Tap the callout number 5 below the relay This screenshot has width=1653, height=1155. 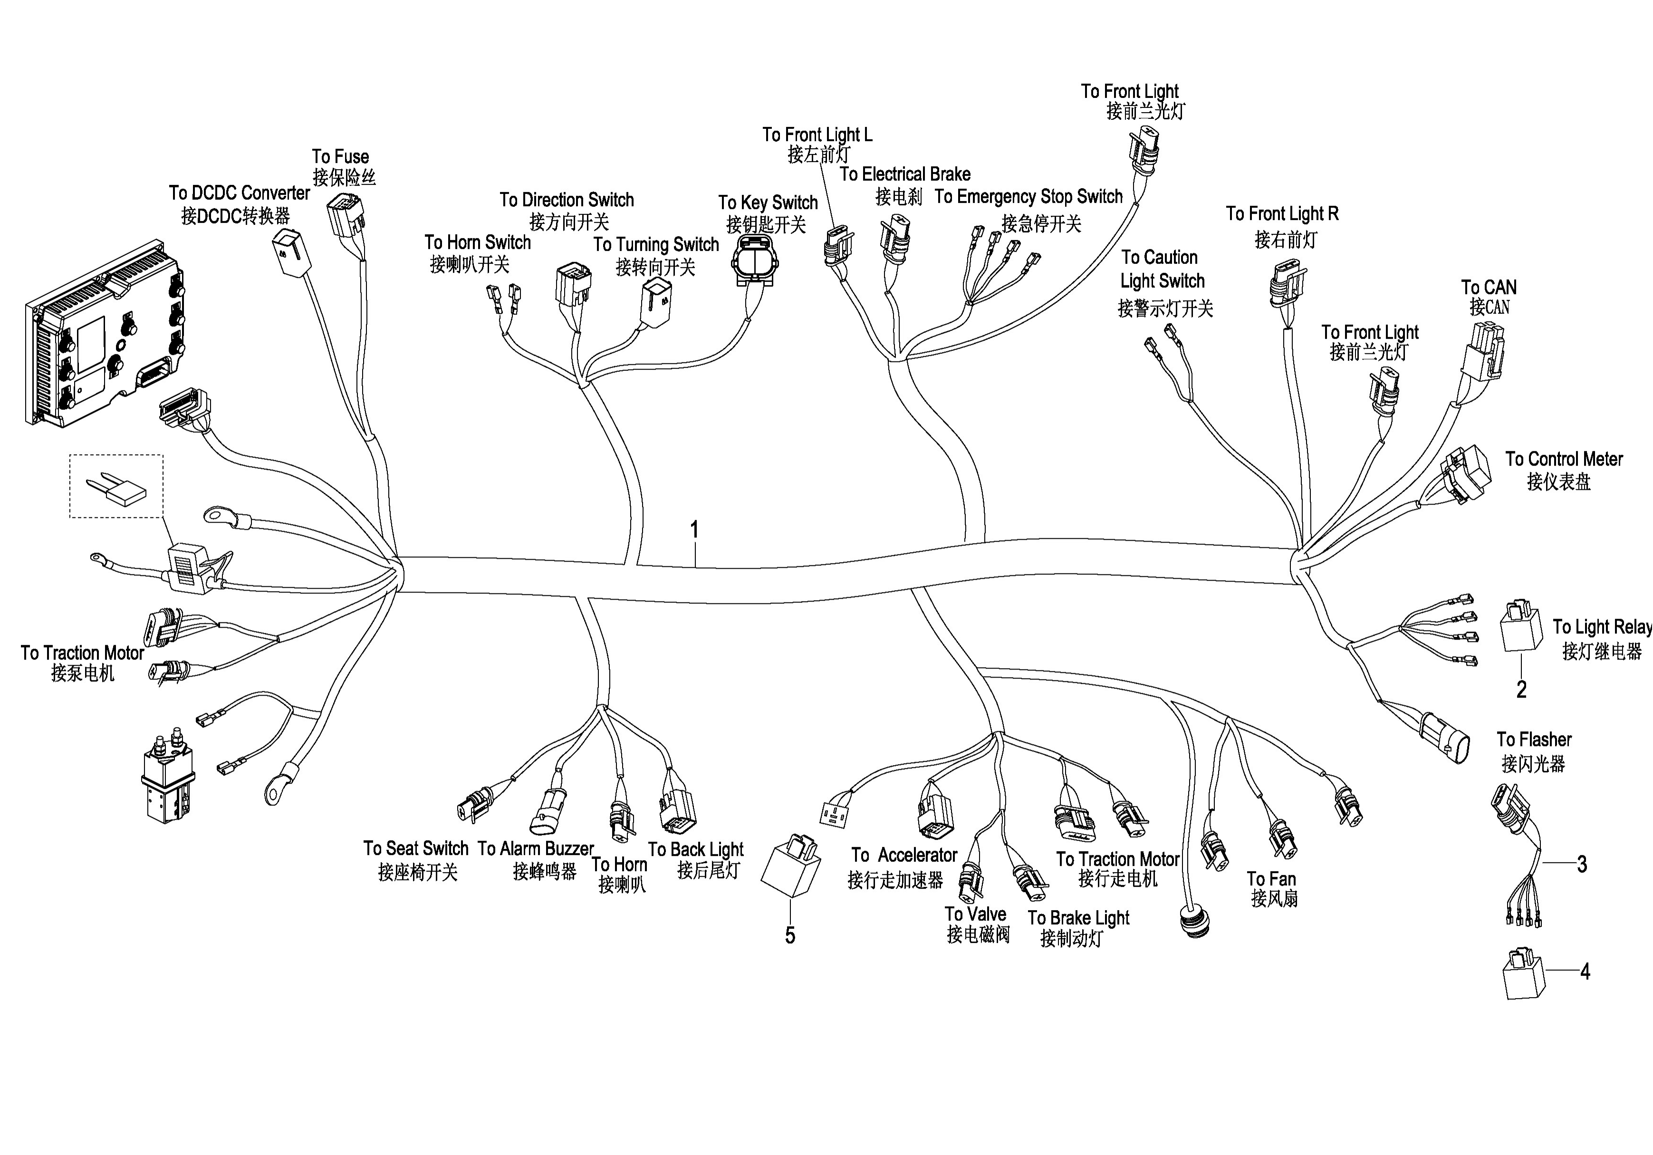790,935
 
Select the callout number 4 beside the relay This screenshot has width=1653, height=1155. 1585,972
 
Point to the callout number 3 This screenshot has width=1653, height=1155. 1582,864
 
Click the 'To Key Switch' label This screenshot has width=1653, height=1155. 768,203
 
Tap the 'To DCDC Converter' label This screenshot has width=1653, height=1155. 239,193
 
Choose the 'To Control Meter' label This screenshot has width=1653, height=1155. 1564,459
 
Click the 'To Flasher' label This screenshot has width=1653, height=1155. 1534,739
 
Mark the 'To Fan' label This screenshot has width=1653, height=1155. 1271,879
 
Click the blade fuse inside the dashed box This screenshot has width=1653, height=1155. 116,489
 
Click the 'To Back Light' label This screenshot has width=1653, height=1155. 695,850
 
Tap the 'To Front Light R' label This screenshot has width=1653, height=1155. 1282,214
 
